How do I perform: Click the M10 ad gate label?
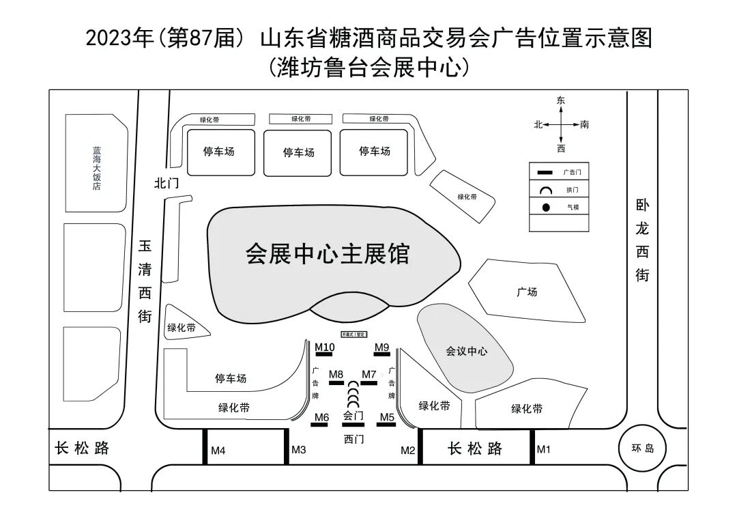point(325,347)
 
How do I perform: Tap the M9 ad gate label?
point(382,347)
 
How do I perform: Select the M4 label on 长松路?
point(218,451)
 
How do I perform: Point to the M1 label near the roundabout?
point(543,449)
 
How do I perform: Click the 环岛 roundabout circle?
point(642,449)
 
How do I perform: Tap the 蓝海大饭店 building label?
point(96,168)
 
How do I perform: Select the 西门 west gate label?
point(354,439)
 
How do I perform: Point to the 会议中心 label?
point(467,352)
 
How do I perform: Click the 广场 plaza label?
point(527,292)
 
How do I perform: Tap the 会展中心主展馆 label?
point(328,254)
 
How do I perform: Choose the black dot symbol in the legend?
point(546,207)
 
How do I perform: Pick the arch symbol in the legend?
point(546,190)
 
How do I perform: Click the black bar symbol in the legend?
point(546,173)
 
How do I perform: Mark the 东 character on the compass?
point(561,100)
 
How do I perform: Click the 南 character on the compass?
point(585,125)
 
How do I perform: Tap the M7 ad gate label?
point(369,374)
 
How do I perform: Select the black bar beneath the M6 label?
point(320,425)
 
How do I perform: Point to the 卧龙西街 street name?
point(642,240)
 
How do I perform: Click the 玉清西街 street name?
point(145,281)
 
